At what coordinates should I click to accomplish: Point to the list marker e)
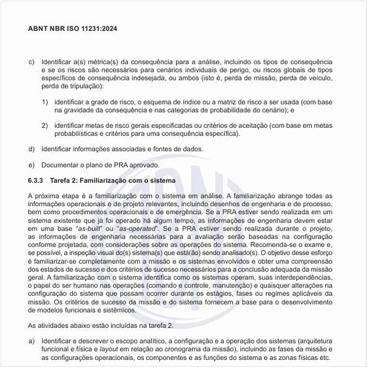pyautogui.click(x=31, y=165)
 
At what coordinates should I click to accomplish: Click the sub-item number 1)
pyautogui.click(x=45, y=101)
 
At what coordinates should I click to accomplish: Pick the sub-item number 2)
pyautogui.click(x=45, y=125)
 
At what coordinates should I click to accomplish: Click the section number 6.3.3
pyautogui.click(x=36, y=181)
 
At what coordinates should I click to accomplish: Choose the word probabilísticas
pyautogui.click(x=75, y=134)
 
